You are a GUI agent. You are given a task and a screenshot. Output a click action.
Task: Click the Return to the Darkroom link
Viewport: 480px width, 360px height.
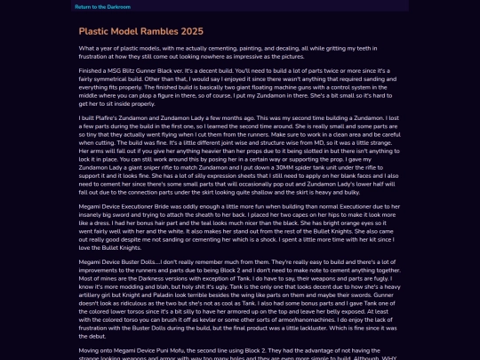(x=102, y=6)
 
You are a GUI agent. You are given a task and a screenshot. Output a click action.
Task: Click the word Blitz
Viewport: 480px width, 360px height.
(x=138, y=70)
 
